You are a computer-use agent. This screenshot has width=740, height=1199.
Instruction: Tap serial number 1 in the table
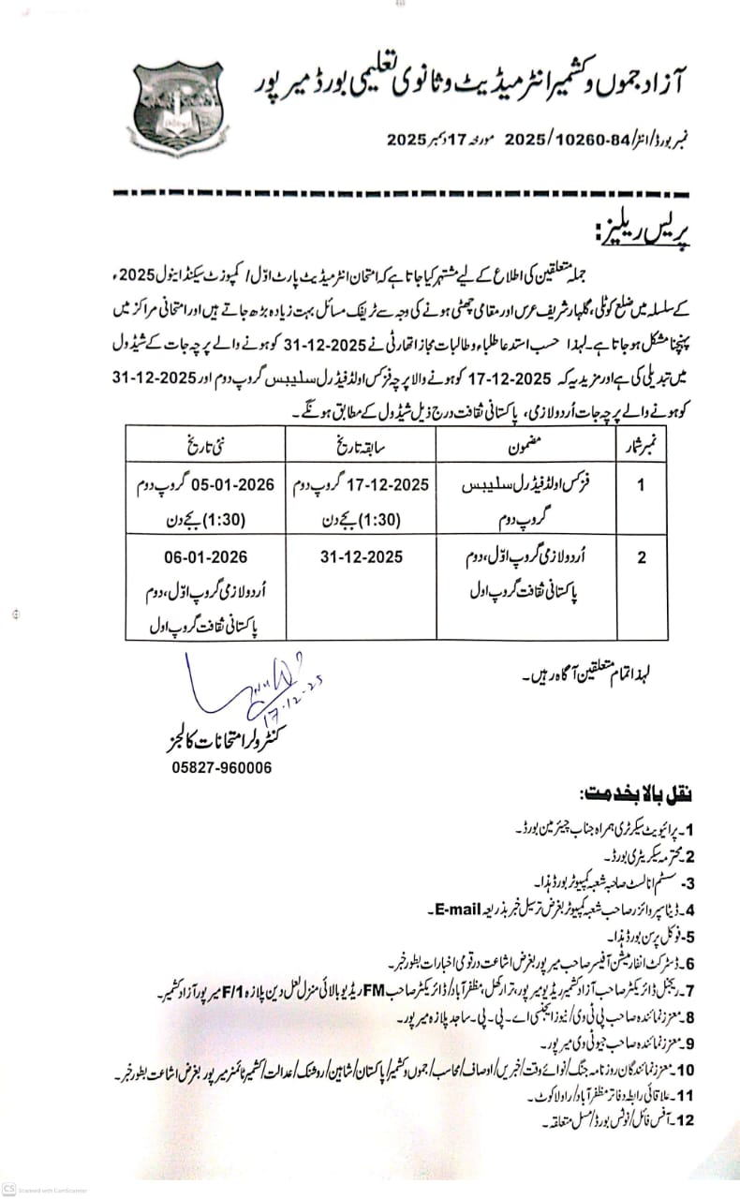(x=642, y=486)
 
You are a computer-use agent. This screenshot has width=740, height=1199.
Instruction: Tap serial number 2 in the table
(x=642, y=558)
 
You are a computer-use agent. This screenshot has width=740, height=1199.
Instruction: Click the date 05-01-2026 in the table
(x=230, y=485)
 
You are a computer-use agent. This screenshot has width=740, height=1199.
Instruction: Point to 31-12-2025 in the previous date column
(x=361, y=556)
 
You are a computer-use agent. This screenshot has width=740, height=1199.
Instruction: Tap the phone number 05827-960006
(x=223, y=767)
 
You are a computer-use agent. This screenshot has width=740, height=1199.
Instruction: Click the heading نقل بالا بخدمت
(x=636, y=794)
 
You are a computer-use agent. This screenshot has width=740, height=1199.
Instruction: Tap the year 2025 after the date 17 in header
(x=407, y=140)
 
